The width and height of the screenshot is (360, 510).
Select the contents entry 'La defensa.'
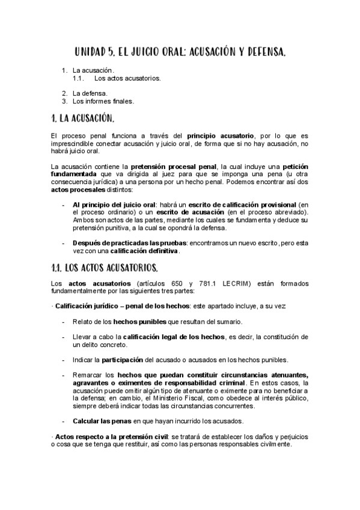(x=90, y=93)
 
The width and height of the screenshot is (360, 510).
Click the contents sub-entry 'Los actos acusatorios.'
(x=127, y=78)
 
